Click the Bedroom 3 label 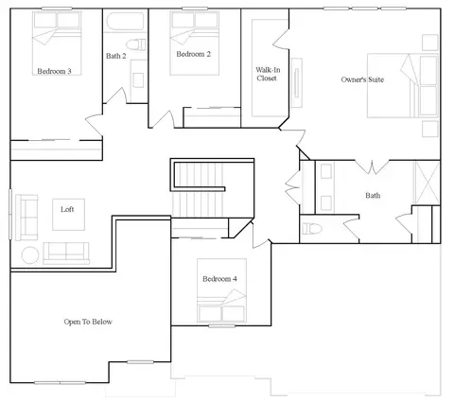(x=54, y=71)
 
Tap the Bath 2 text (x=116, y=56)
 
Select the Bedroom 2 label (x=193, y=54)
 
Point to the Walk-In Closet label (x=268, y=74)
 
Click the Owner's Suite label (x=362, y=79)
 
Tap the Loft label (x=67, y=209)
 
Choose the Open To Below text (x=88, y=322)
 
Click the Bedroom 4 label (x=219, y=279)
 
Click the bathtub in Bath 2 (x=125, y=21)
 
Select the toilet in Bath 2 (x=136, y=44)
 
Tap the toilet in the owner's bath (x=311, y=229)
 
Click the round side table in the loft (x=30, y=255)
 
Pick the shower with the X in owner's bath (x=427, y=183)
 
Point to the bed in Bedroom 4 (x=221, y=290)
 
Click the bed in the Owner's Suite (x=403, y=86)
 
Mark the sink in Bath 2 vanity (x=138, y=80)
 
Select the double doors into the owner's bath (x=372, y=167)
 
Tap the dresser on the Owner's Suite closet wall (x=296, y=82)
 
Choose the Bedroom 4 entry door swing (x=261, y=234)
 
